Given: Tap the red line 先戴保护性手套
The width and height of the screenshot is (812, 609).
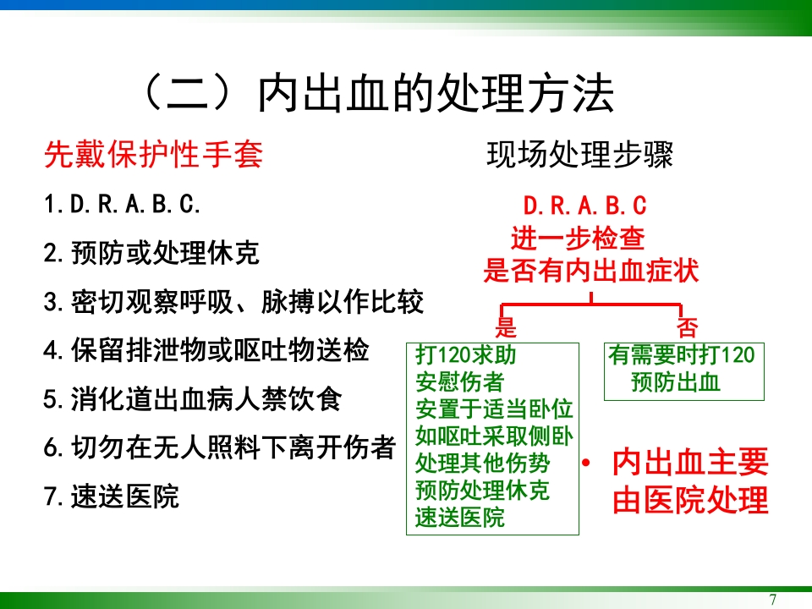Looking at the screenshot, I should click(x=153, y=155).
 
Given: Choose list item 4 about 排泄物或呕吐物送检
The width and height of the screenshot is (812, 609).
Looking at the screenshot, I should click(x=206, y=350).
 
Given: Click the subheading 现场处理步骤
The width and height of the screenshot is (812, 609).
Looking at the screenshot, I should click(x=579, y=155).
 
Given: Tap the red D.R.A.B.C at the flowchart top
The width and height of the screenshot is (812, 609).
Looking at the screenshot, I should click(x=585, y=206).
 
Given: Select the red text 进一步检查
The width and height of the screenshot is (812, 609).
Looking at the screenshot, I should click(x=578, y=239).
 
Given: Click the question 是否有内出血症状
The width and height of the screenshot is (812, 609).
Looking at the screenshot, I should click(x=590, y=271).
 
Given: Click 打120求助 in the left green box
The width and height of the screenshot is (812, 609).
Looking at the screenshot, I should click(x=466, y=354).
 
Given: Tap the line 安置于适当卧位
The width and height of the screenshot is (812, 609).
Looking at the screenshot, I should click(x=494, y=409).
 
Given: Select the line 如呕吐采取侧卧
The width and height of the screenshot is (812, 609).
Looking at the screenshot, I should click(x=494, y=436).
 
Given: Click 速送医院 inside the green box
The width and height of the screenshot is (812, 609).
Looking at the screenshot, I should click(x=460, y=517).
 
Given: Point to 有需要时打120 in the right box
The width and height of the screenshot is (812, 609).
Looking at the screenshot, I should click(x=682, y=354).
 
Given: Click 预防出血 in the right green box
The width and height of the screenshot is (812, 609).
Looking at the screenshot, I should click(x=676, y=381).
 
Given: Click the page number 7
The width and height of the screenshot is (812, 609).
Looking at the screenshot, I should click(x=772, y=600).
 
